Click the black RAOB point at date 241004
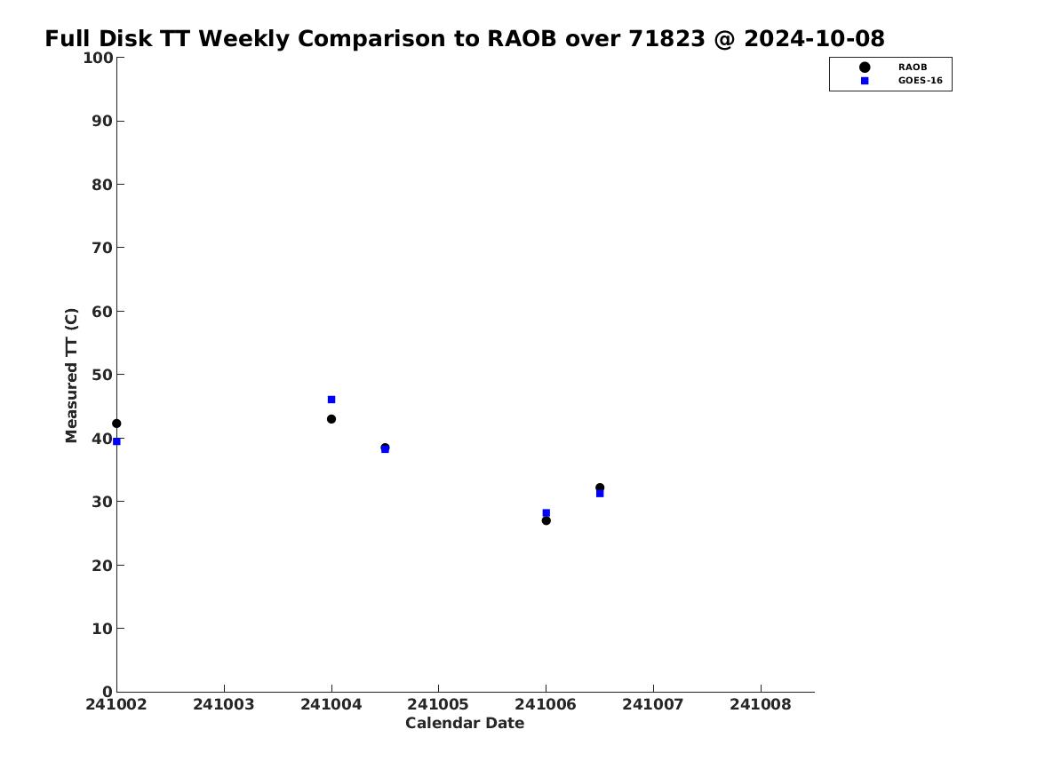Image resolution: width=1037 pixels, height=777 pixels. click(x=331, y=419)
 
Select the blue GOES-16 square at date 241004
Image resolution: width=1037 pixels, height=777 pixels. click(x=331, y=400)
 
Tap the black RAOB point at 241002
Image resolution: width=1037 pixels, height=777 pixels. click(x=116, y=424)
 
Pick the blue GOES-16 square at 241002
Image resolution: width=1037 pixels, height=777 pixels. click(x=116, y=441)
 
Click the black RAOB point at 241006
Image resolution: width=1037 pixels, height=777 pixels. click(x=546, y=520)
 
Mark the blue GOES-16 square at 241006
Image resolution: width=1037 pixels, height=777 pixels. click(x=546, y=512)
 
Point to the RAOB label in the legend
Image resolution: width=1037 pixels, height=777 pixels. click(x=913, y=67)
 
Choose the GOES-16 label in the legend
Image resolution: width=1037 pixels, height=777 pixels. click(x=921, y=81)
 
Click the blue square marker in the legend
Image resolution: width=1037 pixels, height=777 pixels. click(x=865, y=81)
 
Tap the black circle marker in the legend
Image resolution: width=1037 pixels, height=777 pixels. click(x=865, y=67)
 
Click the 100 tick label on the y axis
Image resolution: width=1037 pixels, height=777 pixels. click(x=98, y=58)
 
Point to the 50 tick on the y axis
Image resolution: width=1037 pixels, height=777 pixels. click(x=102, y=375)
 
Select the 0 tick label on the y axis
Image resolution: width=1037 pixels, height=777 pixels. click(x=108, y=692)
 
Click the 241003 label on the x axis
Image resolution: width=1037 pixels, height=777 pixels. click(x=224, y=704)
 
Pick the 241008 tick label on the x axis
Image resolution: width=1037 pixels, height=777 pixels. click(x=761, y=704)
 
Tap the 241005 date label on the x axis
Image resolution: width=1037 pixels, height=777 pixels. click(x=438, y=704)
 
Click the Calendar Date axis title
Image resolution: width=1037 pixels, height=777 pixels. click(x=465, y=724)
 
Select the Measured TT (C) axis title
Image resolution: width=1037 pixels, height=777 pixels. click(x=71, y=376)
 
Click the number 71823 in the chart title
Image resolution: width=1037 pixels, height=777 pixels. click(x=666, y=39)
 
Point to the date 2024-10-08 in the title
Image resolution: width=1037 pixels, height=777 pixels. click(x=814, y=39)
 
